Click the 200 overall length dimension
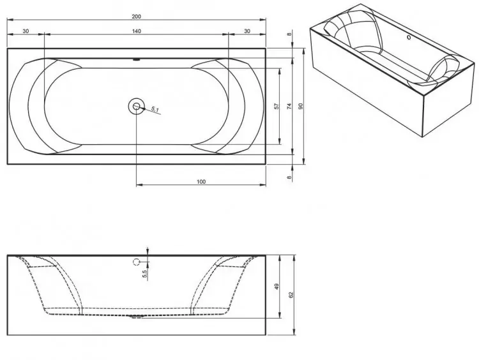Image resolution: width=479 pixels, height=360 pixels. pos(136,17)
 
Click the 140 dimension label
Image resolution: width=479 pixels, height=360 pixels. pos(137,31)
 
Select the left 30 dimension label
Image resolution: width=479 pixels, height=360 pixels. pos(26,31)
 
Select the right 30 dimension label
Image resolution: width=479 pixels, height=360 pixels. pos(247,31)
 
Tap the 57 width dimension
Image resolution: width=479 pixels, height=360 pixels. pos(277,106)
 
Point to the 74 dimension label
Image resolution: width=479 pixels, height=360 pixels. pos(290,106)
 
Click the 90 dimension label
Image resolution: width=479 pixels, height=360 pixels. pos(301,106)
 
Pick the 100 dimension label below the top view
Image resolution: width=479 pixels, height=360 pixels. pos(201,182)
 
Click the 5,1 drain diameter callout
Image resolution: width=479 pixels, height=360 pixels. pos(155,109)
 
